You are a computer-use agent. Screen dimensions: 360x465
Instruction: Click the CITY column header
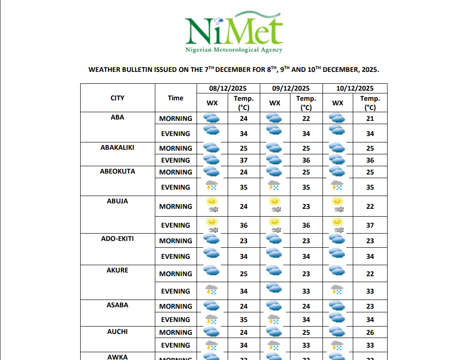tap(117, 98)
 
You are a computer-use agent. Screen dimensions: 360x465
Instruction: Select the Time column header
tap(175, 98)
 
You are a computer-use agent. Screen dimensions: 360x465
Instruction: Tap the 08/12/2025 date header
tap(228, 88)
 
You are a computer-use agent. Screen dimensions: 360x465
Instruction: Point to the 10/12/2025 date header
tap(355, 88)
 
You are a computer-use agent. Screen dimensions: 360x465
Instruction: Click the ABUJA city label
tap(117, 201)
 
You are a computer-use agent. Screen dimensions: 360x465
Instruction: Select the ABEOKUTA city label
tap(117, 172)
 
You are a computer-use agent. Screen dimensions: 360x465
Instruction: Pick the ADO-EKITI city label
tap(117, 239)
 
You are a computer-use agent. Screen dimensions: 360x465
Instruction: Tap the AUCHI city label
tap(117, 332)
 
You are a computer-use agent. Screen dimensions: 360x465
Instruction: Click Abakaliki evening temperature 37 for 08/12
tap(244, 160)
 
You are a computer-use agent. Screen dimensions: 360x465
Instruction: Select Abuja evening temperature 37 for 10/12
tap(370, 225)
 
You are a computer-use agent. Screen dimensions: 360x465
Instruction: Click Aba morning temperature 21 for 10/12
tap(370, 119)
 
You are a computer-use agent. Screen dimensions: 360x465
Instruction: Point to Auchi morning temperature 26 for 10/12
tap(370, 333)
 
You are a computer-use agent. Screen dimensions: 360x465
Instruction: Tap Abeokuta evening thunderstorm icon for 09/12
tap(274, 185)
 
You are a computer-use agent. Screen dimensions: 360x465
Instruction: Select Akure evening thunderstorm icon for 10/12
tap(337, 289)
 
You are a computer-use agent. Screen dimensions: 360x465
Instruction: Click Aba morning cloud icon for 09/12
tap(274, 118)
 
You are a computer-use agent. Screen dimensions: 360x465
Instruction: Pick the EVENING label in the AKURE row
tap(175, 291)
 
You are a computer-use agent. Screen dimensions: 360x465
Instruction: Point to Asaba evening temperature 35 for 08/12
tap(244, 320)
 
